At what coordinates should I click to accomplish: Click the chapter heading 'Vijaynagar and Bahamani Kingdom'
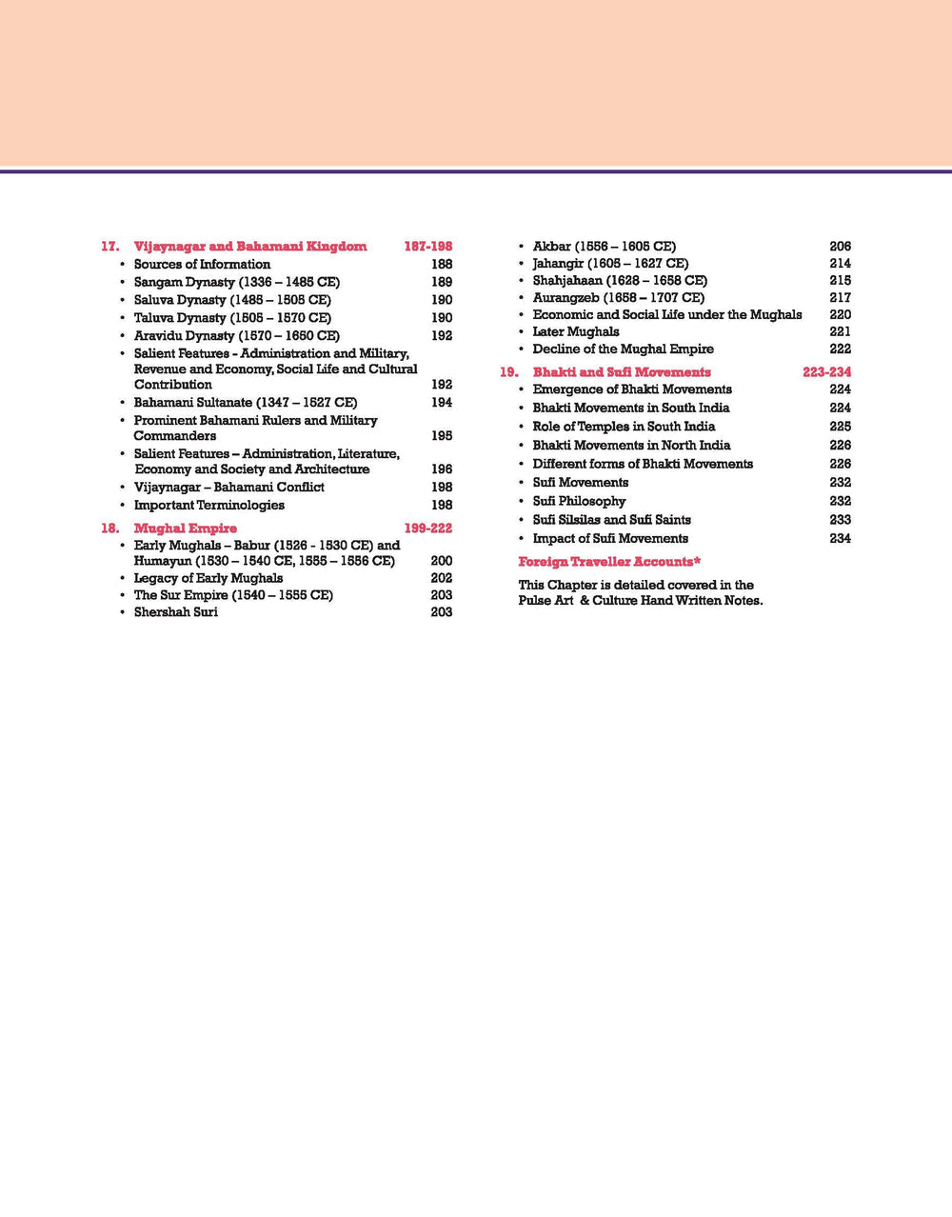pos(249,246)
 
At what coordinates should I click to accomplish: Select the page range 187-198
pos(427,246)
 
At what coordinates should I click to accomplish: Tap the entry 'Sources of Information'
pos(202,264)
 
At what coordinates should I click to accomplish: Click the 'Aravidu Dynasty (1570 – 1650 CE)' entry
pos(236,335)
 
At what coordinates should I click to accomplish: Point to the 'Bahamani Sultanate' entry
pos(245,402)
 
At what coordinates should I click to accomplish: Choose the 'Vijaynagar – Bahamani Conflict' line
pos(228,487)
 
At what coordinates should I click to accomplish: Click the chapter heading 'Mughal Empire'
pos(185,528)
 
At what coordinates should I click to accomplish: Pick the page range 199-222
pos(427,528)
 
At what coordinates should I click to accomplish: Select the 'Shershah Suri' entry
pos(175,611)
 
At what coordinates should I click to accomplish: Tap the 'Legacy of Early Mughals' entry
pos(208,577)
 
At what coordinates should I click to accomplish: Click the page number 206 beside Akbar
pos(840,246)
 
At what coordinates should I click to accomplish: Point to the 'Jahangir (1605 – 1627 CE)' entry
pos(610,263)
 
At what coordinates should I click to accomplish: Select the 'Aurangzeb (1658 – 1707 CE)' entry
pos(618,297)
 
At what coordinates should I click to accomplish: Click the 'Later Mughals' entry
pos(575,331)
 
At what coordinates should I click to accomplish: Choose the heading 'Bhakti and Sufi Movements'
pos(622,371)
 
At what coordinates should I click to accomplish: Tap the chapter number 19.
pos(508,371)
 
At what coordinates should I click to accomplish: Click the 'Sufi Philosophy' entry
pos(579,501)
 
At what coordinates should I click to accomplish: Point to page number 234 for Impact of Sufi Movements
pos(840,538)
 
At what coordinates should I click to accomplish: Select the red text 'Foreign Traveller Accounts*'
pos(609,561)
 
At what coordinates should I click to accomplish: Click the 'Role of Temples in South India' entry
pos(624,426)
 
